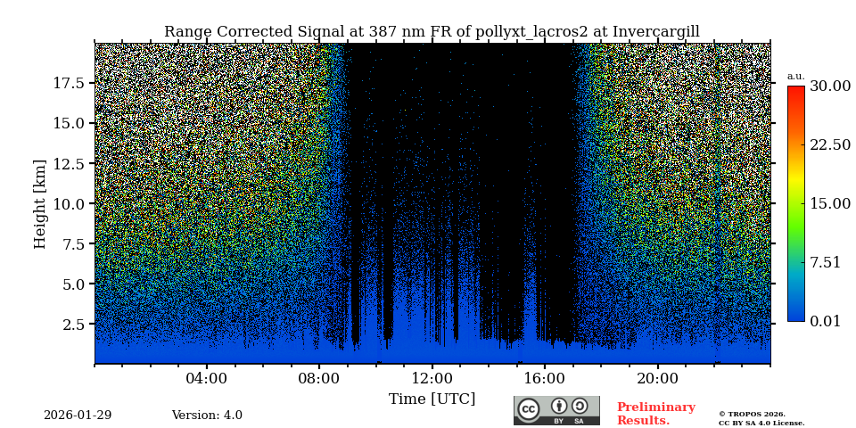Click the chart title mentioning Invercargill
432,32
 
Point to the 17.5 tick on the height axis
69,83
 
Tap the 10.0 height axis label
69,203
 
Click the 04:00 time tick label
207,378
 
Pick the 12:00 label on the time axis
432,378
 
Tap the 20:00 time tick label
657,378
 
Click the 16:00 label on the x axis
544,378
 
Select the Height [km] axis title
40,203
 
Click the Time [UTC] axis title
432,399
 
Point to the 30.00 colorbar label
830,86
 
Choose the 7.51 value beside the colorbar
825,262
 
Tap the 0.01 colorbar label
825,321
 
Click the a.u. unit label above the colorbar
795,76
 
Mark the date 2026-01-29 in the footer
78,416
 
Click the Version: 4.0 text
207,416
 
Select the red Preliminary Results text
655,414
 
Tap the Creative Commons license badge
556,410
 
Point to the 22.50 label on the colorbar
830,144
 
